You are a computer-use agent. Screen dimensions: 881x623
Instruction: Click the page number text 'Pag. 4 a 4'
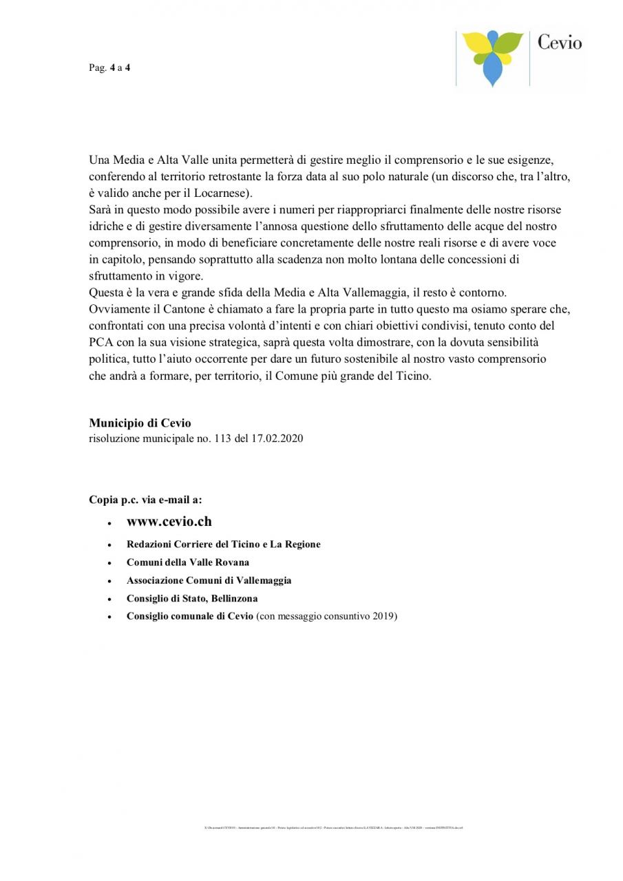click(x=109, y=68)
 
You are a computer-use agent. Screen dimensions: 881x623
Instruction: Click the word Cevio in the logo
click(x=559, y=43)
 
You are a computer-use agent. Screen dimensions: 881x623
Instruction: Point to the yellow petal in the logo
click(x=476, y=47)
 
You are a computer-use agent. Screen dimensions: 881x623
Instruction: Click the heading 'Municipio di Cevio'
click(x=140, y=423)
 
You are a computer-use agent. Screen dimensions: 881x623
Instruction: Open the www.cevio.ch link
click(x=169, y=521)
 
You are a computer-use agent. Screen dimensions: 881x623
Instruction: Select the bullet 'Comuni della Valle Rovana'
click(x=187, y=562)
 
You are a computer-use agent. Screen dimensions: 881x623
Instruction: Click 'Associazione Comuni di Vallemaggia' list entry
click(x=209, y=580)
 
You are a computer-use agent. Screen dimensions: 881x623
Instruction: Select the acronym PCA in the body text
click(x=102, y=343)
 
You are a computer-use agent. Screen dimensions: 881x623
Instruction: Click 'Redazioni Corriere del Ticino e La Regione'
click(x=223, y=544)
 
